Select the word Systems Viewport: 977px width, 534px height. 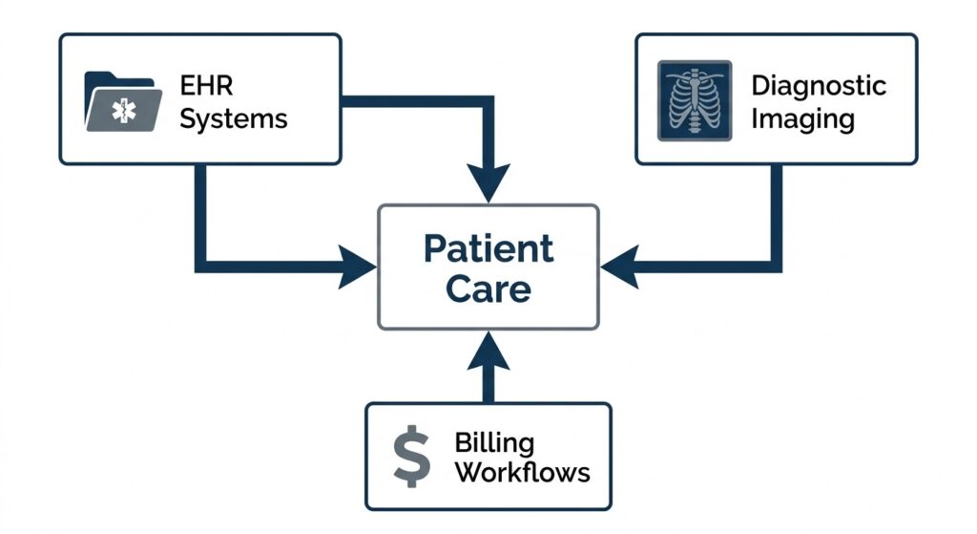click(x=234, y=118)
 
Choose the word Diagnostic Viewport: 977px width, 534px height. click(x=819, y=85)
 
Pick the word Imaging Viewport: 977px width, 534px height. click(x=802, y=119)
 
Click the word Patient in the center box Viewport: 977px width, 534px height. click(x=488, y=248)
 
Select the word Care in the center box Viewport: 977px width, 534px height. click(x=488, y=288)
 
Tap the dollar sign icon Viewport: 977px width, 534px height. click(x=412, y=456)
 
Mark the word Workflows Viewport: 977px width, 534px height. click(x=522, y=472)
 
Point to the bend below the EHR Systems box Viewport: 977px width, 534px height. click(x=201, y=266)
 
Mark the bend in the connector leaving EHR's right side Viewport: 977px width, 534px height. click(x=488, y=100)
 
